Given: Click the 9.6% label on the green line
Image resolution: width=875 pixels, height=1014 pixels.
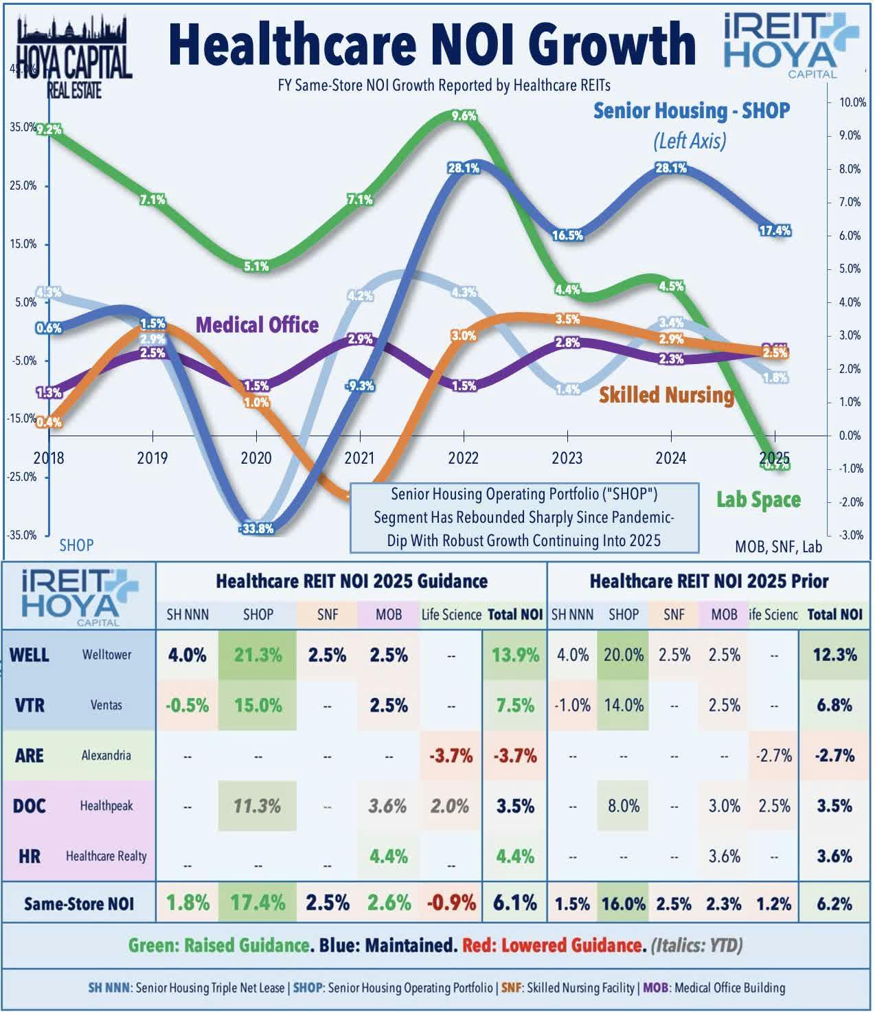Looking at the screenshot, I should point(464,116).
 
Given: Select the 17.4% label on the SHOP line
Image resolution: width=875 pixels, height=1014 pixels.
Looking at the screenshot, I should point(775,231).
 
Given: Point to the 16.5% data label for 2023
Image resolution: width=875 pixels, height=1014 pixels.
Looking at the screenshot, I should point(567,236).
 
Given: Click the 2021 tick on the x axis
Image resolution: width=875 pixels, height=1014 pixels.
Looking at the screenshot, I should point(359,458).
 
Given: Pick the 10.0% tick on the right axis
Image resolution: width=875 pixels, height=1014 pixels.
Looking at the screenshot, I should point(847,102).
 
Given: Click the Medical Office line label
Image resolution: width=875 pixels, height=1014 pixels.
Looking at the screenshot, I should point(257,324).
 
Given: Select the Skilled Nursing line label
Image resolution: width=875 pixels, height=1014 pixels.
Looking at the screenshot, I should point(666,394).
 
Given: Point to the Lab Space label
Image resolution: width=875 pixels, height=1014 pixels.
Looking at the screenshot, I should point(758,499).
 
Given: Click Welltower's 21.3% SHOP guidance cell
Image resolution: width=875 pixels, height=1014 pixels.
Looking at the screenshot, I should point(258,655).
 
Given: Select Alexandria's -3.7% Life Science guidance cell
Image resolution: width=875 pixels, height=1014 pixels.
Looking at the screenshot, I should point(451,756).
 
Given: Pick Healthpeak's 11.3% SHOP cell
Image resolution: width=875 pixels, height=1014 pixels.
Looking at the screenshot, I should point(258,806).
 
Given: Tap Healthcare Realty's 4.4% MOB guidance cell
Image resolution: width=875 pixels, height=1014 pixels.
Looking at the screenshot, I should point(388,856).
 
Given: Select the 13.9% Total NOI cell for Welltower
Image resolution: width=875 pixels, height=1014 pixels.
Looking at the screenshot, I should point(515,655).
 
